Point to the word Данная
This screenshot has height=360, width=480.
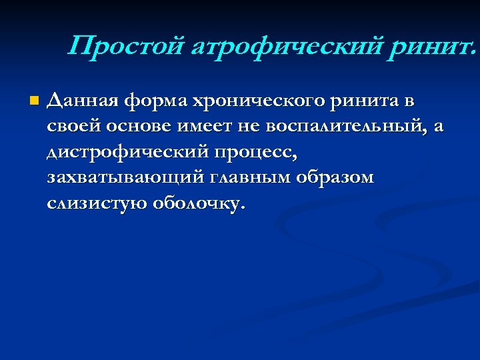(81, 102)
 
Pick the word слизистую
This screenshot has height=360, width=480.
(97, 203)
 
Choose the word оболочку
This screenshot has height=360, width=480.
(200, 203)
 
